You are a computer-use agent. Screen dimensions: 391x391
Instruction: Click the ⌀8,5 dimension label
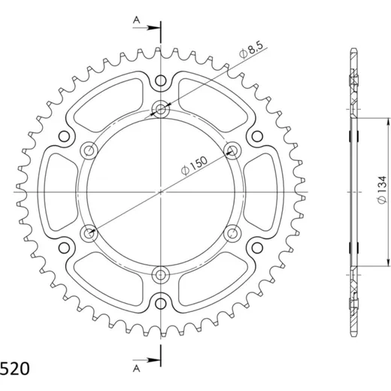251,50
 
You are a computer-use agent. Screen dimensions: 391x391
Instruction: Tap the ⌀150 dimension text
194,165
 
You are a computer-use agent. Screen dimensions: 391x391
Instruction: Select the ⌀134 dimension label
382,189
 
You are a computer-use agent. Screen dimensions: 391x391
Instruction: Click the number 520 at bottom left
15,369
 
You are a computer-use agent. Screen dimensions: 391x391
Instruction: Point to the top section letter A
136,20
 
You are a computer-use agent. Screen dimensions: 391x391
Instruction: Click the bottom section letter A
136,368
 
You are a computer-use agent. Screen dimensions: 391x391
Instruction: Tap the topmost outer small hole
160,80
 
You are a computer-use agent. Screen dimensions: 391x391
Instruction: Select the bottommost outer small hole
160,304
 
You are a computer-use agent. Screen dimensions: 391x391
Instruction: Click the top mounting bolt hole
161,109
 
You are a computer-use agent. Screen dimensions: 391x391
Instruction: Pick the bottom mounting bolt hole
161,275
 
